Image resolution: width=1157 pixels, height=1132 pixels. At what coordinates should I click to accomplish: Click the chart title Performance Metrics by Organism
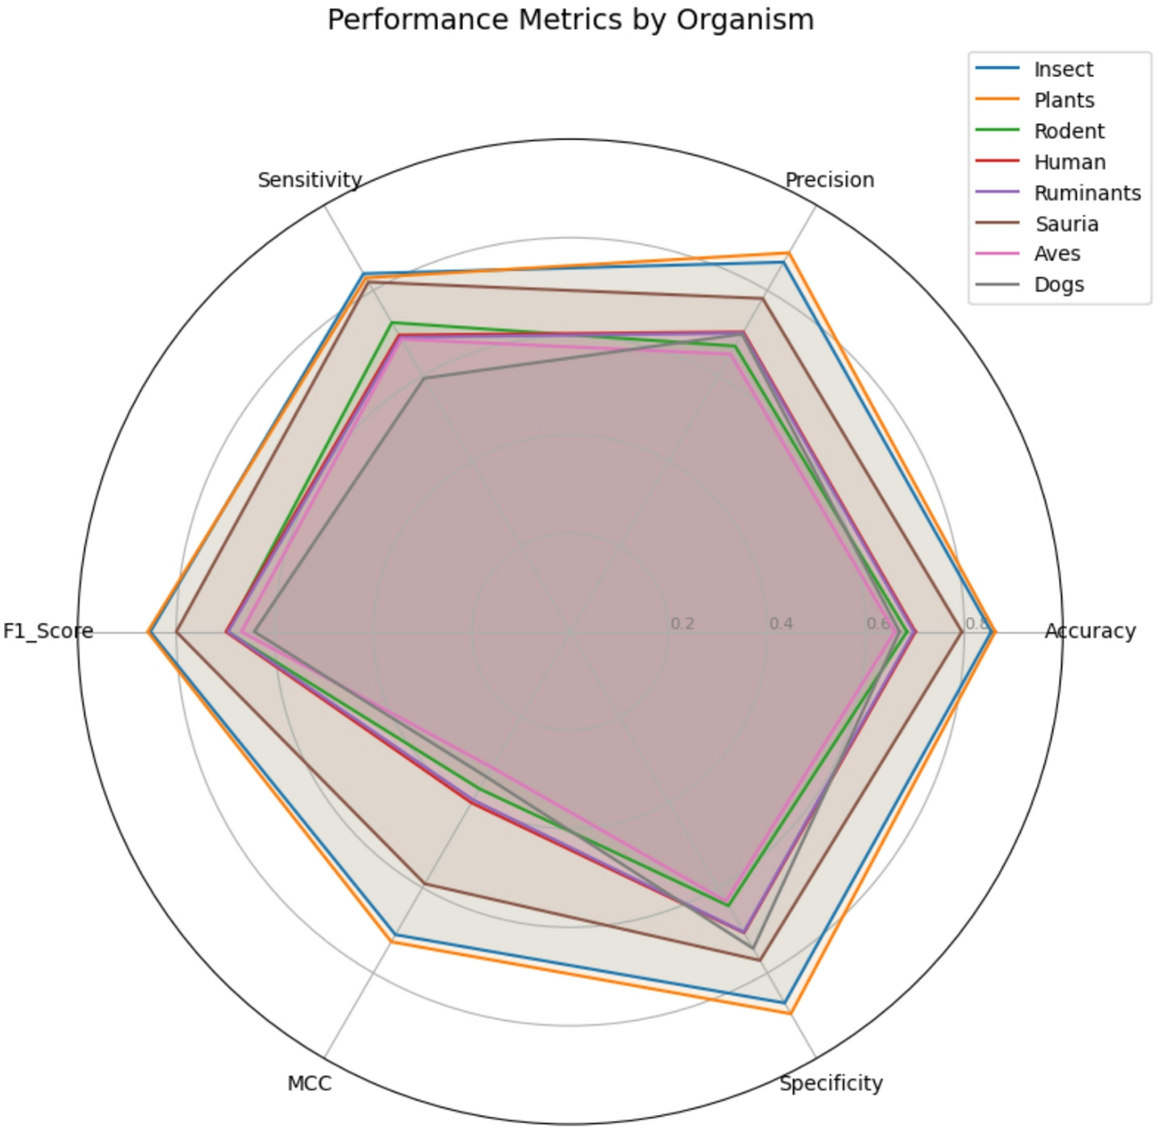pos(570,19)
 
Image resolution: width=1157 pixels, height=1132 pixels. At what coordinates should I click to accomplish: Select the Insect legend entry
pos(1062,70)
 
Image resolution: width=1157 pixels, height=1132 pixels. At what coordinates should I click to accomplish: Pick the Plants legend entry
pos(1063,101)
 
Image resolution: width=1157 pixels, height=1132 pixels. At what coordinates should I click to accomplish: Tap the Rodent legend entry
pos(1068,131)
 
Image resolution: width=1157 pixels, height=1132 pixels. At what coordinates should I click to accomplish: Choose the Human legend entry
pos(1069,162)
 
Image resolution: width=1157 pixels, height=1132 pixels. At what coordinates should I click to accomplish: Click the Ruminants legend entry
pos(1086,193)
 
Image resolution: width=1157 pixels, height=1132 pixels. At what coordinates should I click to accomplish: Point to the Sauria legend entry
pos(1065,224)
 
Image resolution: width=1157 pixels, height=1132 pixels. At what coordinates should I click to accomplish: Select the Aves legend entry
pos(1056,254)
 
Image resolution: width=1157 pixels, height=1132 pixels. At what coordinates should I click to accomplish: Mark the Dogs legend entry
pos(1058,285)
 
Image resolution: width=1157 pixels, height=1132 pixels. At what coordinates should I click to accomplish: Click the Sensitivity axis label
pos(310,180)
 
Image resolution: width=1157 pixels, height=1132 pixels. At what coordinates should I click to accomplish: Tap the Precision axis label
pos(829,180)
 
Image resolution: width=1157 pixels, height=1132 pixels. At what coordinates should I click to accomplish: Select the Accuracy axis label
pos(1090,631)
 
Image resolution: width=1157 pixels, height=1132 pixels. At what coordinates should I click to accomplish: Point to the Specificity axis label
pos(831,1083)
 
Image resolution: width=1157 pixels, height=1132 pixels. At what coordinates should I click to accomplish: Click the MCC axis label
pos(309,1084)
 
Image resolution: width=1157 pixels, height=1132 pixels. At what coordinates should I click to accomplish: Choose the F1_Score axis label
pos(48,631)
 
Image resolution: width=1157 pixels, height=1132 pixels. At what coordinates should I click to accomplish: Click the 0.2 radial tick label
pos(683,624)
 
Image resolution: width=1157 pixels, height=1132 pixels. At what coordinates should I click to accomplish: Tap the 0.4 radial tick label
pos(781,624)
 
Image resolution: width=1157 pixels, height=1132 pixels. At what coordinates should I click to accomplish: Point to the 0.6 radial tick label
pos(879,624)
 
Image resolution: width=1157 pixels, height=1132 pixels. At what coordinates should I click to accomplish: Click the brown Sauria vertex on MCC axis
pos(424,883)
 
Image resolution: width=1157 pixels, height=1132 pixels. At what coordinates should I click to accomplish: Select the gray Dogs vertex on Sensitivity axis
pos(423,378)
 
